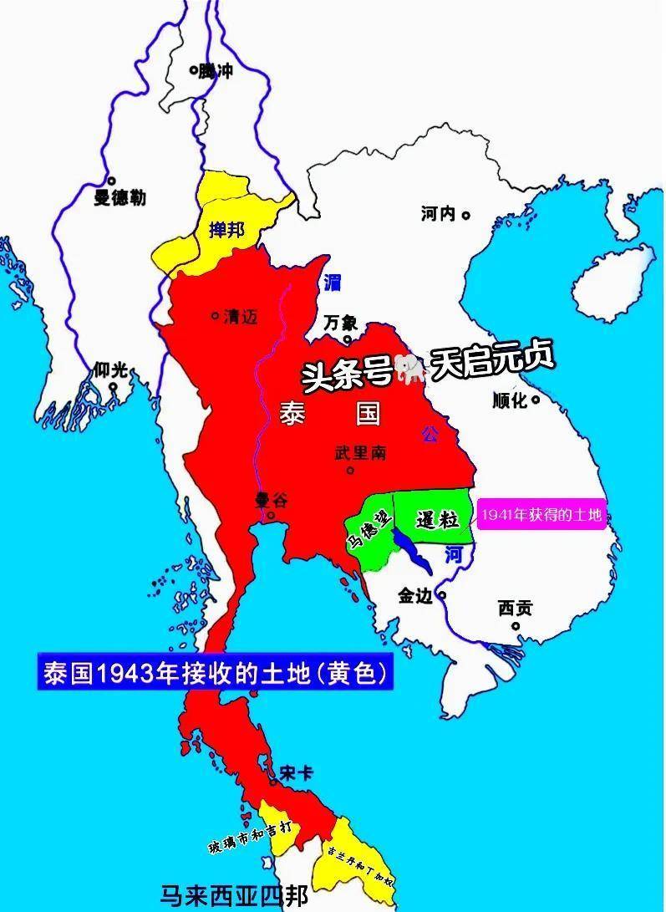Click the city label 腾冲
(x=216, y=72)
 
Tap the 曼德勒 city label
(x=119, y=198)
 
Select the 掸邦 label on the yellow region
(x=226, y=229)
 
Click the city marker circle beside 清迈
(x=216, y=316)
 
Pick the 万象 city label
(x=341, y=323)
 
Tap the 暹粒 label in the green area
(x=437, y=519)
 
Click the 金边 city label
(x=416, y=596)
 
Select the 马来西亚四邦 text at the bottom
(x=235, y=897)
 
